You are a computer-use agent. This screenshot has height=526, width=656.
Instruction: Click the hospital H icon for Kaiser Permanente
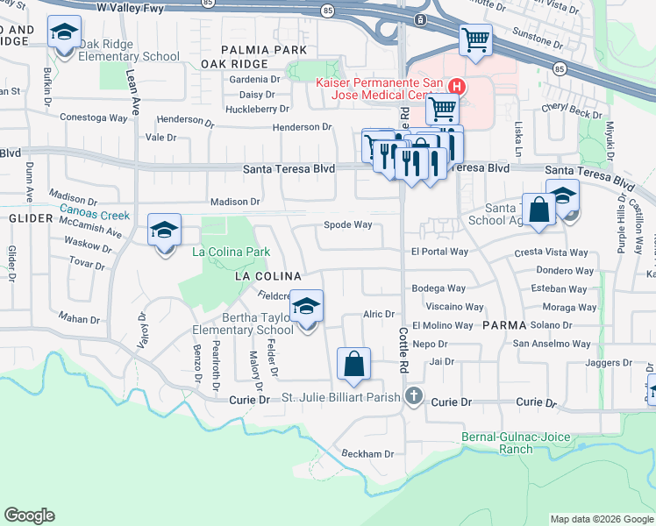point(456,86)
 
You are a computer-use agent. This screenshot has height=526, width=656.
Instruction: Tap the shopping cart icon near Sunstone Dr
point(475,39)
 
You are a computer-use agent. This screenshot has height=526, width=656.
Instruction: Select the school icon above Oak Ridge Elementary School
point(64,32)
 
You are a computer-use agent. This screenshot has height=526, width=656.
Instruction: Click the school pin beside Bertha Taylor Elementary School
point(306,307)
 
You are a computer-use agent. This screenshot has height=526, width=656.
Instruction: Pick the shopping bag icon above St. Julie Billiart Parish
point(353,364)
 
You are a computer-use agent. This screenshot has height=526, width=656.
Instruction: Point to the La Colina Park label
point(231,252)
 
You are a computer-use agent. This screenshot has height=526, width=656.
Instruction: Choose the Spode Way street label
point(348,225)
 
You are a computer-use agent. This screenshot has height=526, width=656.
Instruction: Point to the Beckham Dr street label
point(367,454)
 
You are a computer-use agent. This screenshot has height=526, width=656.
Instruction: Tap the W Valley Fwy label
point(130,7)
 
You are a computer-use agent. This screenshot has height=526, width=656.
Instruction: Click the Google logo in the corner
point(30,515)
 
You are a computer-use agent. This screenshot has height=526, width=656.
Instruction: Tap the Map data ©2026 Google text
point(601,519)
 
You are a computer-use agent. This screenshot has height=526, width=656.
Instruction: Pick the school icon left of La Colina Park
point(164,231)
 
